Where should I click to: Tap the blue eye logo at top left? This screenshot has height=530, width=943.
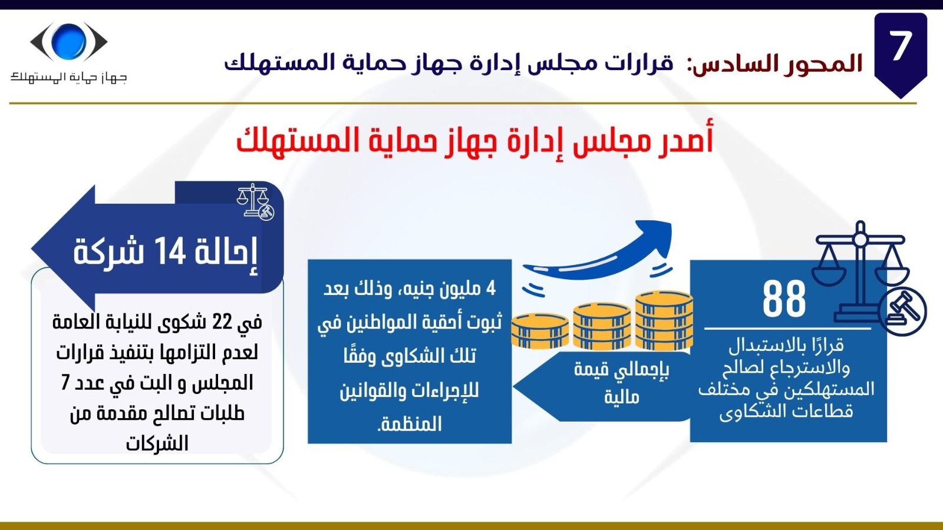(68, 41)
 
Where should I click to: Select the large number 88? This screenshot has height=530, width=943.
(784, 299)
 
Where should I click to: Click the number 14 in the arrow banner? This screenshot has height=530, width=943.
(170, 251)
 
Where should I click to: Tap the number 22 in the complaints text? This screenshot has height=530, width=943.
(222, 322)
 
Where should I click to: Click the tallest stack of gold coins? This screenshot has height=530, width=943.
(664, 321)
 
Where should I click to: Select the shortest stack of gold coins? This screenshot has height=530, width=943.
(540, 330)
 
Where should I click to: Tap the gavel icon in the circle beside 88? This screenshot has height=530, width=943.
(902, 312)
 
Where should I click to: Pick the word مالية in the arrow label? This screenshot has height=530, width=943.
(622, 397)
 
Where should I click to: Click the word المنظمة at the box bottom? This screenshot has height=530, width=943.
(409, 424)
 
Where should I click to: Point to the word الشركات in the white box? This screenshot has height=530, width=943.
(157, 444)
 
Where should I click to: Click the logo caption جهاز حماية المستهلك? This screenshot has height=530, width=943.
(68, 77)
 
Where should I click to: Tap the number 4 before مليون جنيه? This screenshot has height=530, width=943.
(490, 289)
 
